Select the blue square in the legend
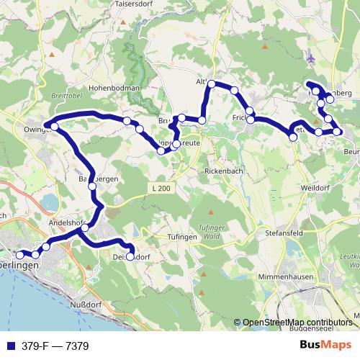point(8,346)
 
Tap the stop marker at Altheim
point(212,85)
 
